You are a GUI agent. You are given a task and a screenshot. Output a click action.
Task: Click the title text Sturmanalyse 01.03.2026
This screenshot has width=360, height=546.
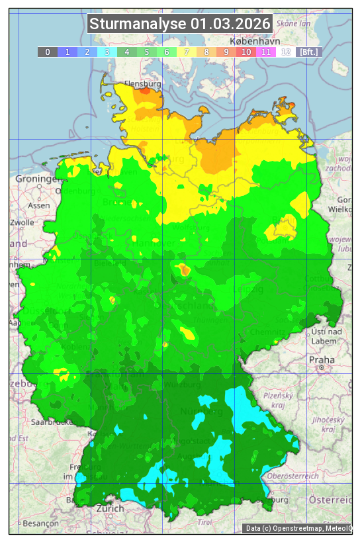point(180,24)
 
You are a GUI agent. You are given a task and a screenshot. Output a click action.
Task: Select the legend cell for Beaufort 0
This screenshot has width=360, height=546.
point(48,52)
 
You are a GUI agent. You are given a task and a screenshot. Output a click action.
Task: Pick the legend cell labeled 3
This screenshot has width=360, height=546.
point(107,52)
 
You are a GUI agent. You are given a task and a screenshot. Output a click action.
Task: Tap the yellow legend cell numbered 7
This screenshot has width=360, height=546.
point(187,52)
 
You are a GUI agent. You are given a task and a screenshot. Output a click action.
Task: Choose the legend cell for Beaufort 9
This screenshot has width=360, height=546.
point(226,52)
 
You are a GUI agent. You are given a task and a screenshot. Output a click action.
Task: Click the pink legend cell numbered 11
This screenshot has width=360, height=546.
point(266,52)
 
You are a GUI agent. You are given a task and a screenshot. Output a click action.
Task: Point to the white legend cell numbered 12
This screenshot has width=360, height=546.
point(286,52)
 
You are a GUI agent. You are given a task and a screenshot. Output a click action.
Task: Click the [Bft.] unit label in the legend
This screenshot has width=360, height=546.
point(308,52)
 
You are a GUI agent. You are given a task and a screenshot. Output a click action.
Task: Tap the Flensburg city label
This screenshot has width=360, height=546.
point(142,85)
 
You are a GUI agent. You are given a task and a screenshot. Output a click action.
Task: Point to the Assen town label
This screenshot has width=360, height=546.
point(39,205)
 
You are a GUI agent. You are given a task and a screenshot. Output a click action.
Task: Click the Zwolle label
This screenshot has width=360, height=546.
point(22,222)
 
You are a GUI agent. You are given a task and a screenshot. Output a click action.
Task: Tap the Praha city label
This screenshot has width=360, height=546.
point(322,359)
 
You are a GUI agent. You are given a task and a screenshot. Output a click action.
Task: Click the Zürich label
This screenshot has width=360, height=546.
point(110,508)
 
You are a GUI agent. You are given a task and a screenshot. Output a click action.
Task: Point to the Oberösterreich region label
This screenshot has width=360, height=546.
point(293,475)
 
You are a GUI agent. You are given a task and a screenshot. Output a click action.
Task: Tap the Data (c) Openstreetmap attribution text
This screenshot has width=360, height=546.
point(298,528)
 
